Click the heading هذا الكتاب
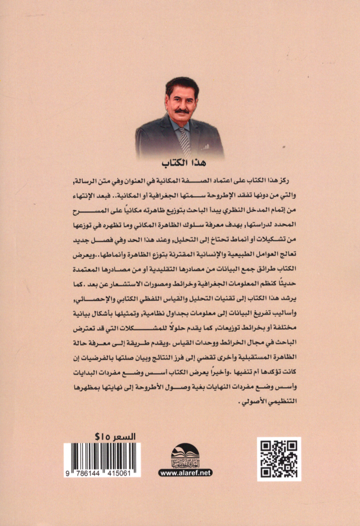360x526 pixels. click(x=179, y=164)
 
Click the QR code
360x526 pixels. click(x=279, y=459)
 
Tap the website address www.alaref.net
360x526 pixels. click(x=185, y=473)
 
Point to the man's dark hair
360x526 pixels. click(x=181, y=84)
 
